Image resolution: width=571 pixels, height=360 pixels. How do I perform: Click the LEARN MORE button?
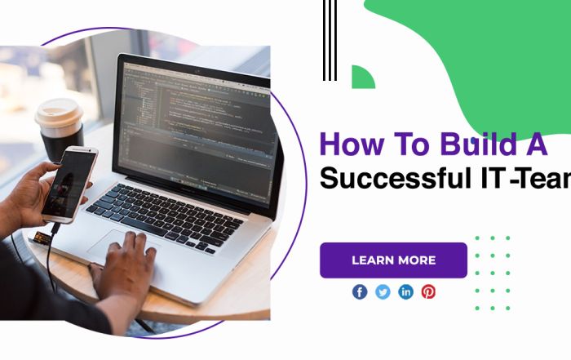(x=393, y=260)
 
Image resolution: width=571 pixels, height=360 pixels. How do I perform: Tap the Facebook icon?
(x=360, y=291)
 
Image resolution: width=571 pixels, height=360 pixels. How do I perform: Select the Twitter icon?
(x=383, y=291)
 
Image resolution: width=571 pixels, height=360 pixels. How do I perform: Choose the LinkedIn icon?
(x=405, y=291)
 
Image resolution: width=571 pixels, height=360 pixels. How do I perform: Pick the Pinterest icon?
(x=428, y=291)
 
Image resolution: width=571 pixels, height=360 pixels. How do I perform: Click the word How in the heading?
(x=348, y=144)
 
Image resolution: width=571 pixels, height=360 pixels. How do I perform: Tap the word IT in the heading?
(x=489, y=177)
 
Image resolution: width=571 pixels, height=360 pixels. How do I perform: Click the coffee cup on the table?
(x=60, y=131)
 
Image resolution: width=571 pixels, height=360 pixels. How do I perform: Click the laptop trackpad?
(x=122, y=244)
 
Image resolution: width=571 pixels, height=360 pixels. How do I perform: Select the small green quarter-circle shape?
(x=361, y=78)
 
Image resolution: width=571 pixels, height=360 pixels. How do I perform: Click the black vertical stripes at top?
(x=330, y=40)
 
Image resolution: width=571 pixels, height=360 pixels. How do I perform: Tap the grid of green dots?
(x=492, y=273)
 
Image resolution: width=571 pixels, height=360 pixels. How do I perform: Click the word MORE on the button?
(x=416, y=260)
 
